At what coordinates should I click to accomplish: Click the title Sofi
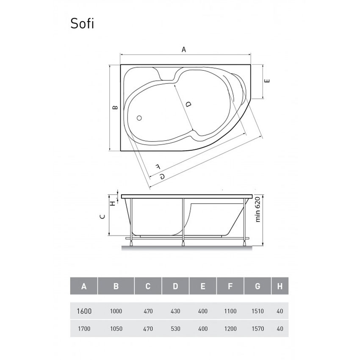point(82,24)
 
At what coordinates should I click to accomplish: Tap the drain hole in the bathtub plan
point(139,119)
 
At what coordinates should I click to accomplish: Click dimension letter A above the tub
point(184,49)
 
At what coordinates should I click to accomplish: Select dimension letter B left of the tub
point(114,108)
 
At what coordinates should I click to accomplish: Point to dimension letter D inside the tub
point(188,104)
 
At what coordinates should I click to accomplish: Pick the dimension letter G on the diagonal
point(162,176)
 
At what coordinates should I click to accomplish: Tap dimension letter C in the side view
point(102,216)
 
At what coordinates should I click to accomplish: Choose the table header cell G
point(257,286)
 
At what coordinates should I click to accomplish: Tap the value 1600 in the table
point(84,311)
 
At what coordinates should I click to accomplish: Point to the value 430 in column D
point(175,311)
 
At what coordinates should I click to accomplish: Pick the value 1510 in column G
point(257,311)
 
